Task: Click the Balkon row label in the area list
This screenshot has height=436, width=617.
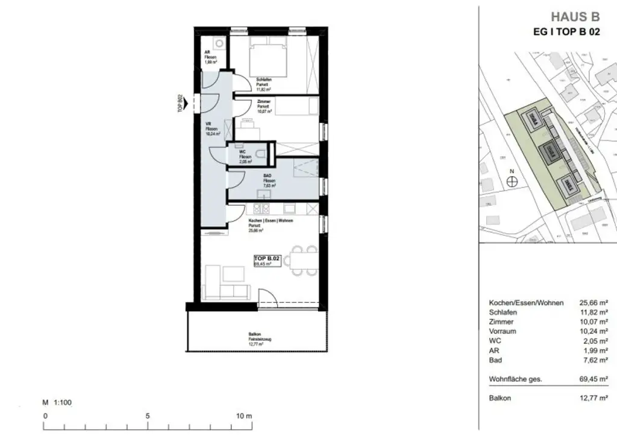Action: click(x=500, y=399)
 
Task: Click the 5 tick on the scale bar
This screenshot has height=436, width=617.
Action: click(x=146, y=416)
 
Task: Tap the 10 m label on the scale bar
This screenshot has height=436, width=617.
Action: click(x=243, y=416)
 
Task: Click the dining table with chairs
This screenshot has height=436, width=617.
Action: click(x=300, y=261)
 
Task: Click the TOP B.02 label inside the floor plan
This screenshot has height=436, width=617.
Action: click(x=267, y=257)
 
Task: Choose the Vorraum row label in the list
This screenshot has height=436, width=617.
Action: click(x=503, y=331)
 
